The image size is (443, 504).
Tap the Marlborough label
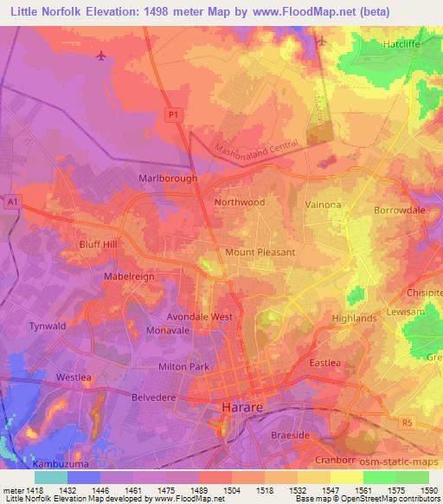tap(168, 178)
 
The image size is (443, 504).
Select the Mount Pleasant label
tap(260, 252)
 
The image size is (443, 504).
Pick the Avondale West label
tap(200, 317)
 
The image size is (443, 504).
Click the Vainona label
tap(324, 204)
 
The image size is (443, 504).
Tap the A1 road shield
tap(11, 200)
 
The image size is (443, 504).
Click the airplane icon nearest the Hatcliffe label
tap(322, 41)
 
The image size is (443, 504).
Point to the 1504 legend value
tap(232, 490)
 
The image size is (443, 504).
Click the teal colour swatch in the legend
tap(50, 477)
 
